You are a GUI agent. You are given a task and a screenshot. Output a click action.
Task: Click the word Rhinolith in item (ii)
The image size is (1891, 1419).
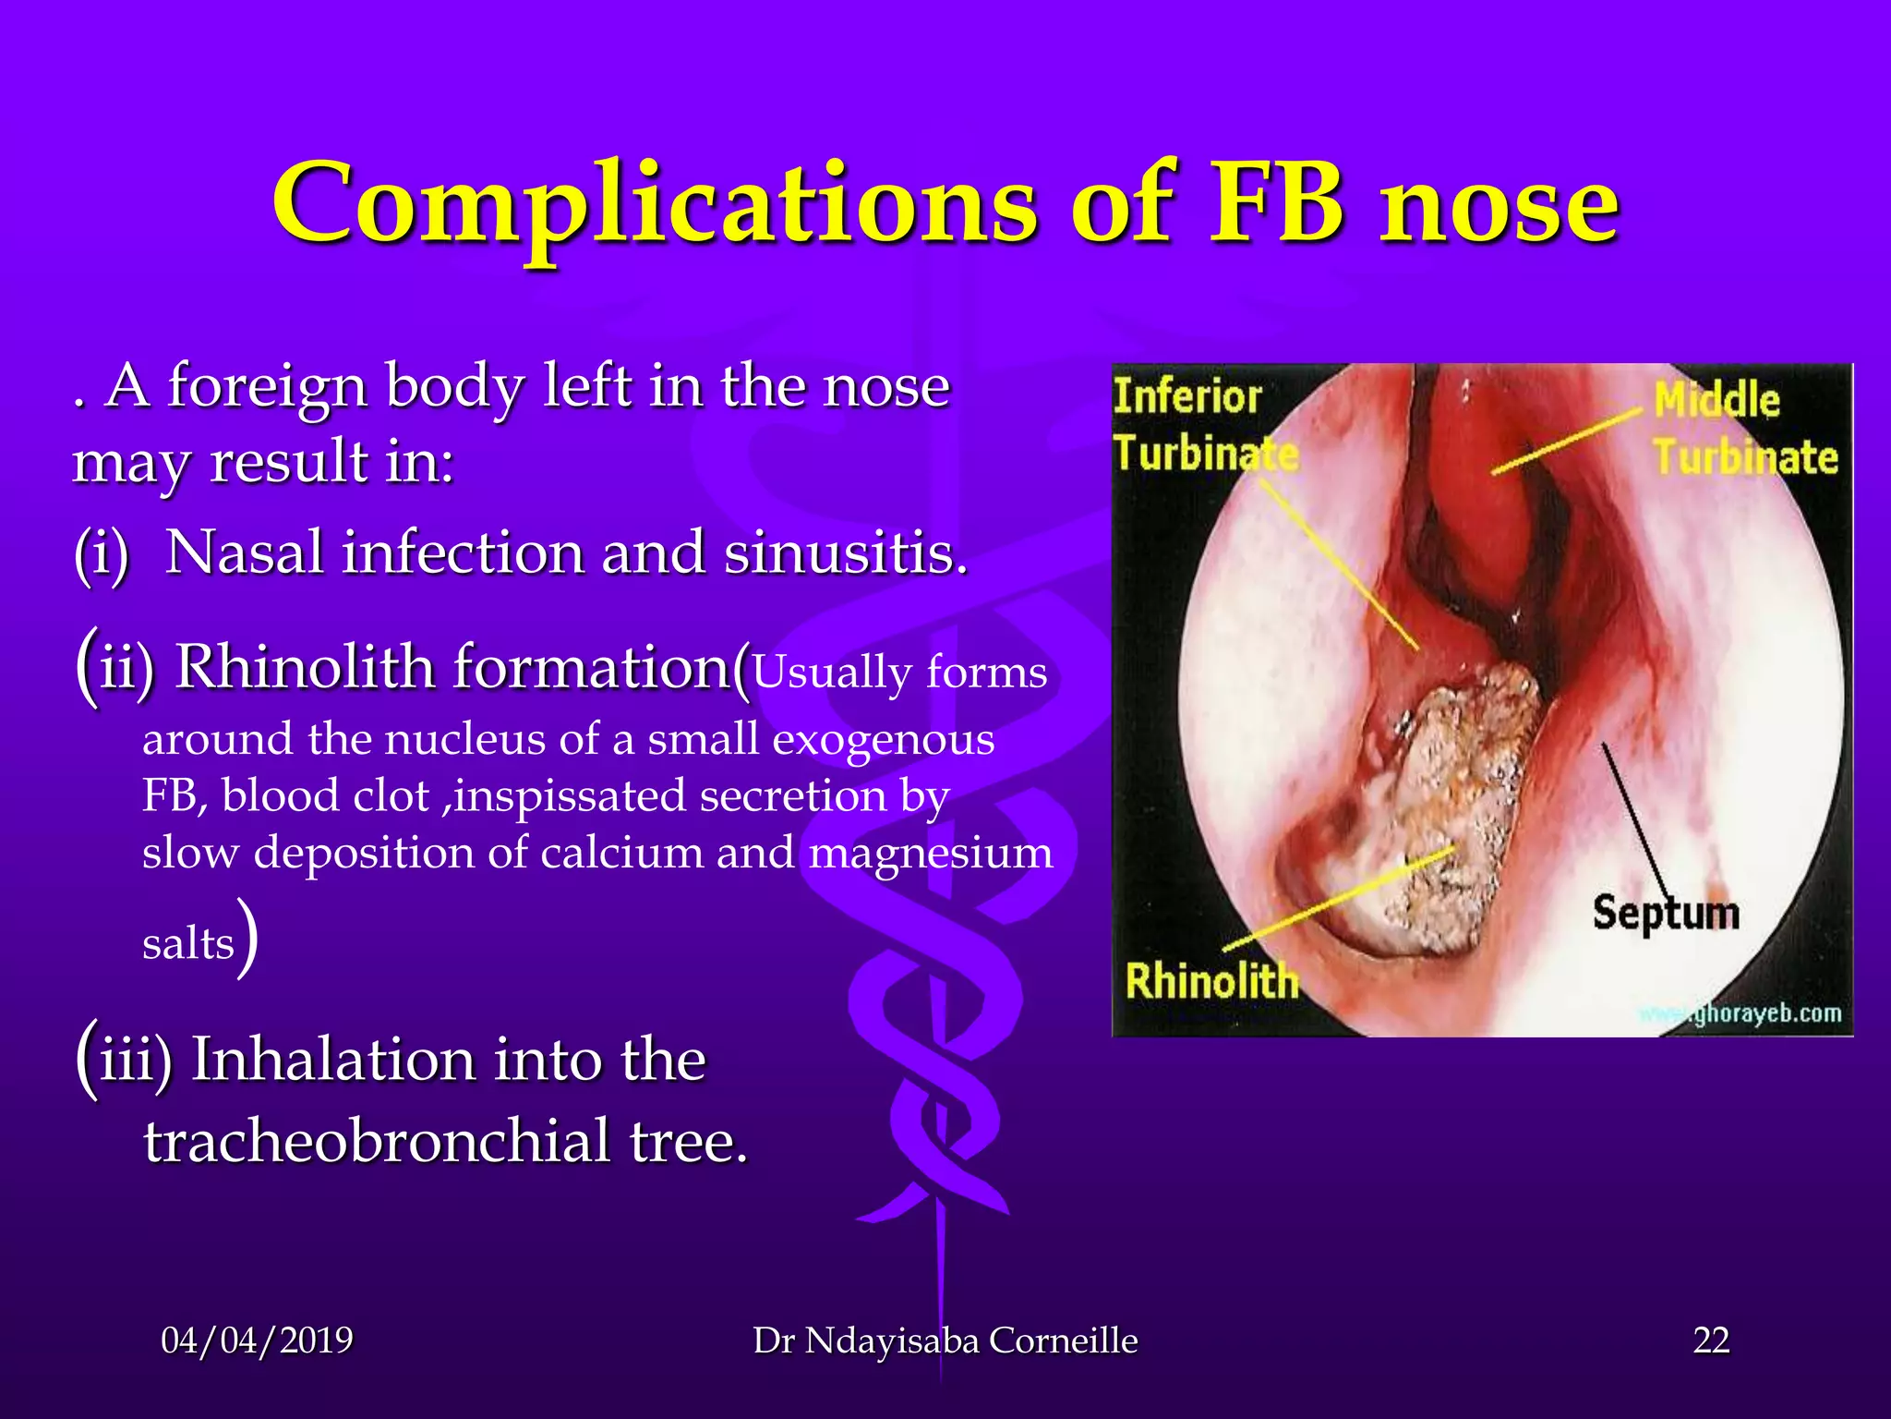pos(305,667)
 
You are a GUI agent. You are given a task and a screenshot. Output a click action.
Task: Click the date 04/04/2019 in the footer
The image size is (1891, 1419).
pos(257,1340)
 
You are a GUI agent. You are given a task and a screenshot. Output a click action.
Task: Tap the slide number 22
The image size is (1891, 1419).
pos(1711,1340)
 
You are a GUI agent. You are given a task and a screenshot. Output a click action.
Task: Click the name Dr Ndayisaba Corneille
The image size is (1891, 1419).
pos(945,1340)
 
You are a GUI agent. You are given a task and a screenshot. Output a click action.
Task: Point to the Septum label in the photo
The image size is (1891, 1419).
pos(1665,913)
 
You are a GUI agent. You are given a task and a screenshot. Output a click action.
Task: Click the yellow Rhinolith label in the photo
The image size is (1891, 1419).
pos(1211,981)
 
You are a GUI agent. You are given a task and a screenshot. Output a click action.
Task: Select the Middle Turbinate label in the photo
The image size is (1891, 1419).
pos(1743,430)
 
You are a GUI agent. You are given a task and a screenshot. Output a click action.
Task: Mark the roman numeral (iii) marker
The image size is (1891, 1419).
pos(124,1060)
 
